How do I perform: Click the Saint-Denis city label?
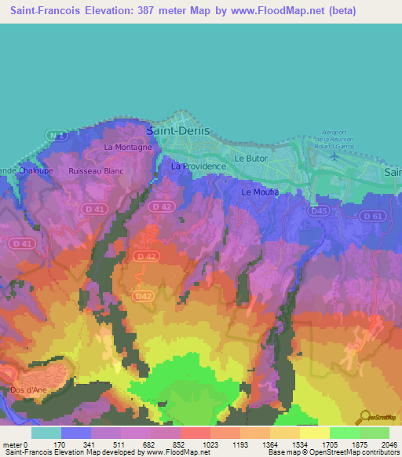coord(179,132)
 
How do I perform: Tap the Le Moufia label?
coord(260,192)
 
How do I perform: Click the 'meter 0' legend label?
coord(16,444)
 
